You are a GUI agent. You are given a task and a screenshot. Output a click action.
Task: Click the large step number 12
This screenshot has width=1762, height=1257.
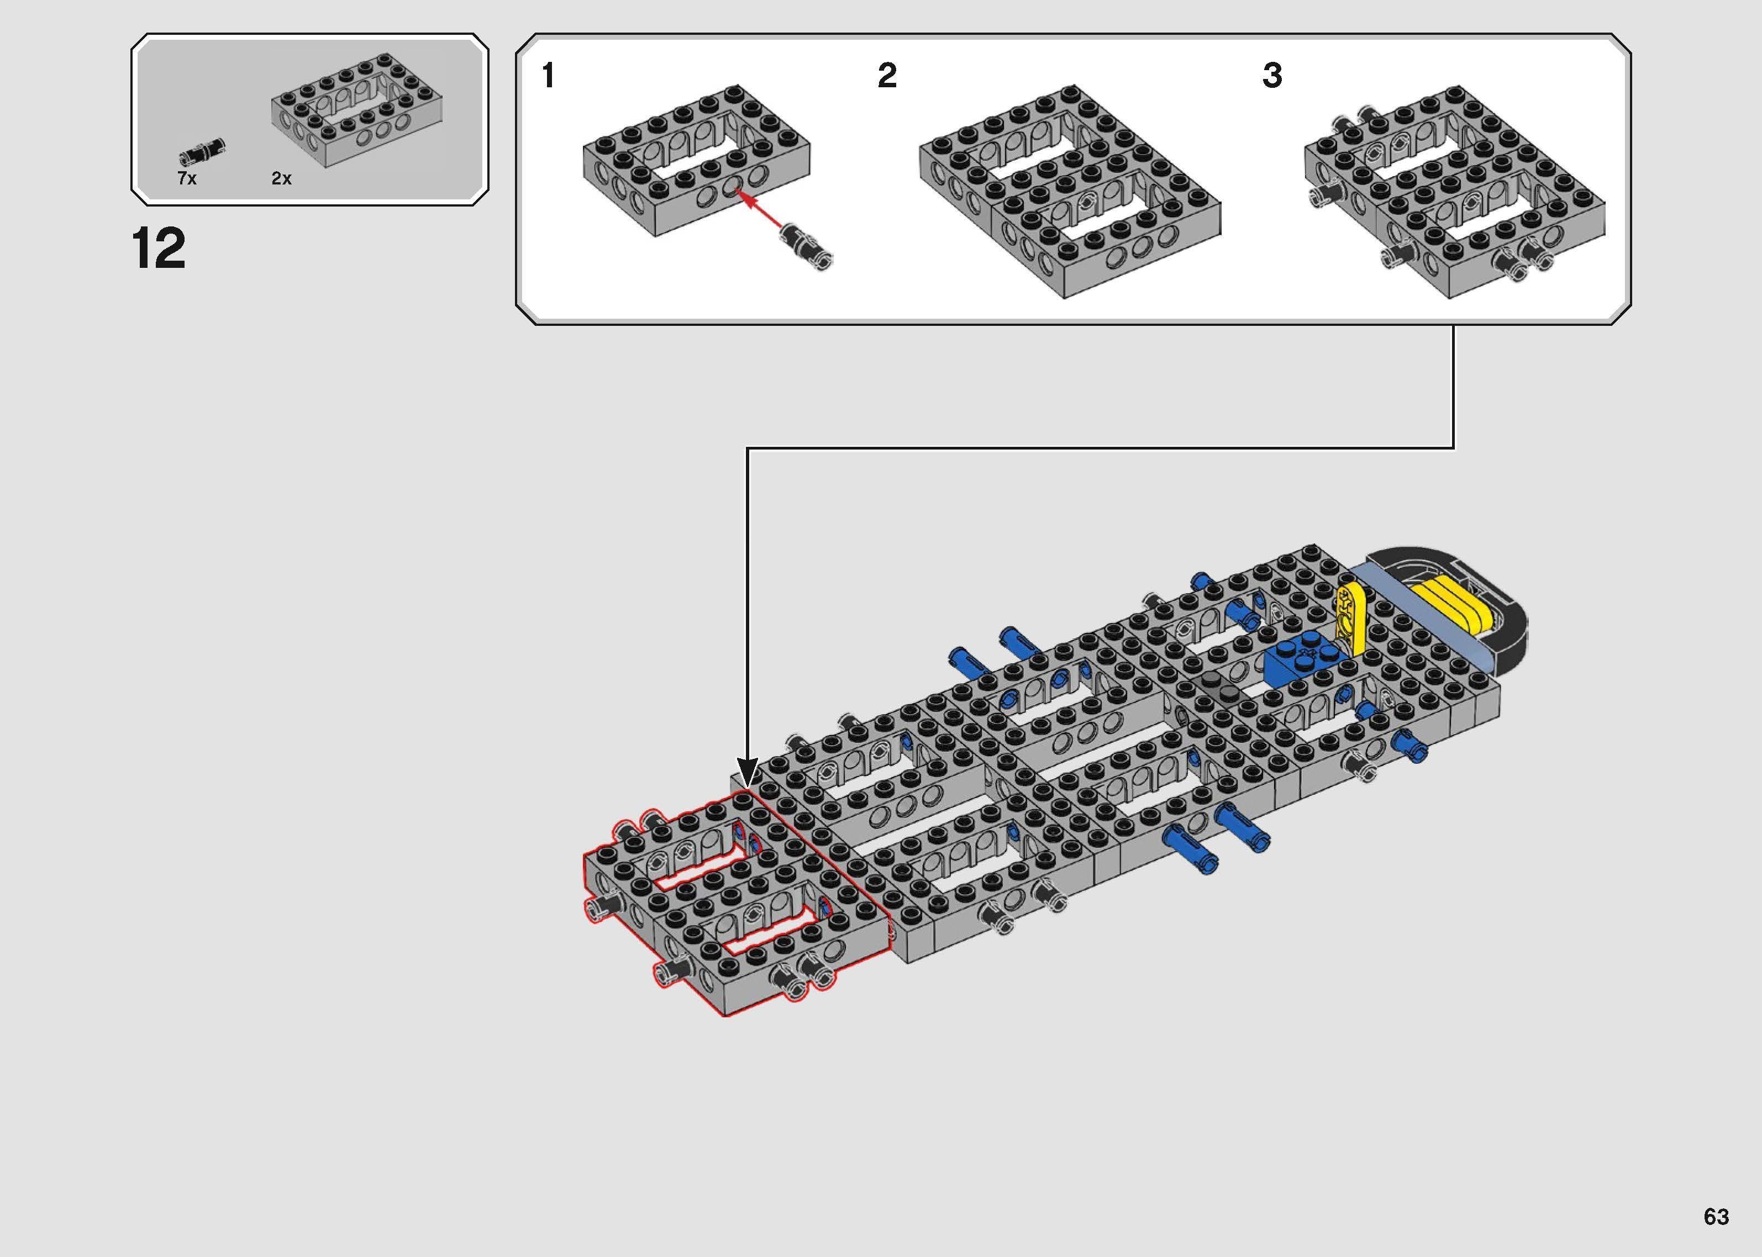159,249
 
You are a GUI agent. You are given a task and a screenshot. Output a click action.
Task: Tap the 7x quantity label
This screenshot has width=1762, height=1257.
187,179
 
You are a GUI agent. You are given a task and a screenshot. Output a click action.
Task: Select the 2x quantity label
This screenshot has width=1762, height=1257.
281,179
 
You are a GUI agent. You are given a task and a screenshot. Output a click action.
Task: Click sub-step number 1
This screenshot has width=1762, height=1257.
548,76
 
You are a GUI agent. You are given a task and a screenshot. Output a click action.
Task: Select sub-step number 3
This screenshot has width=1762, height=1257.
1272,76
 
